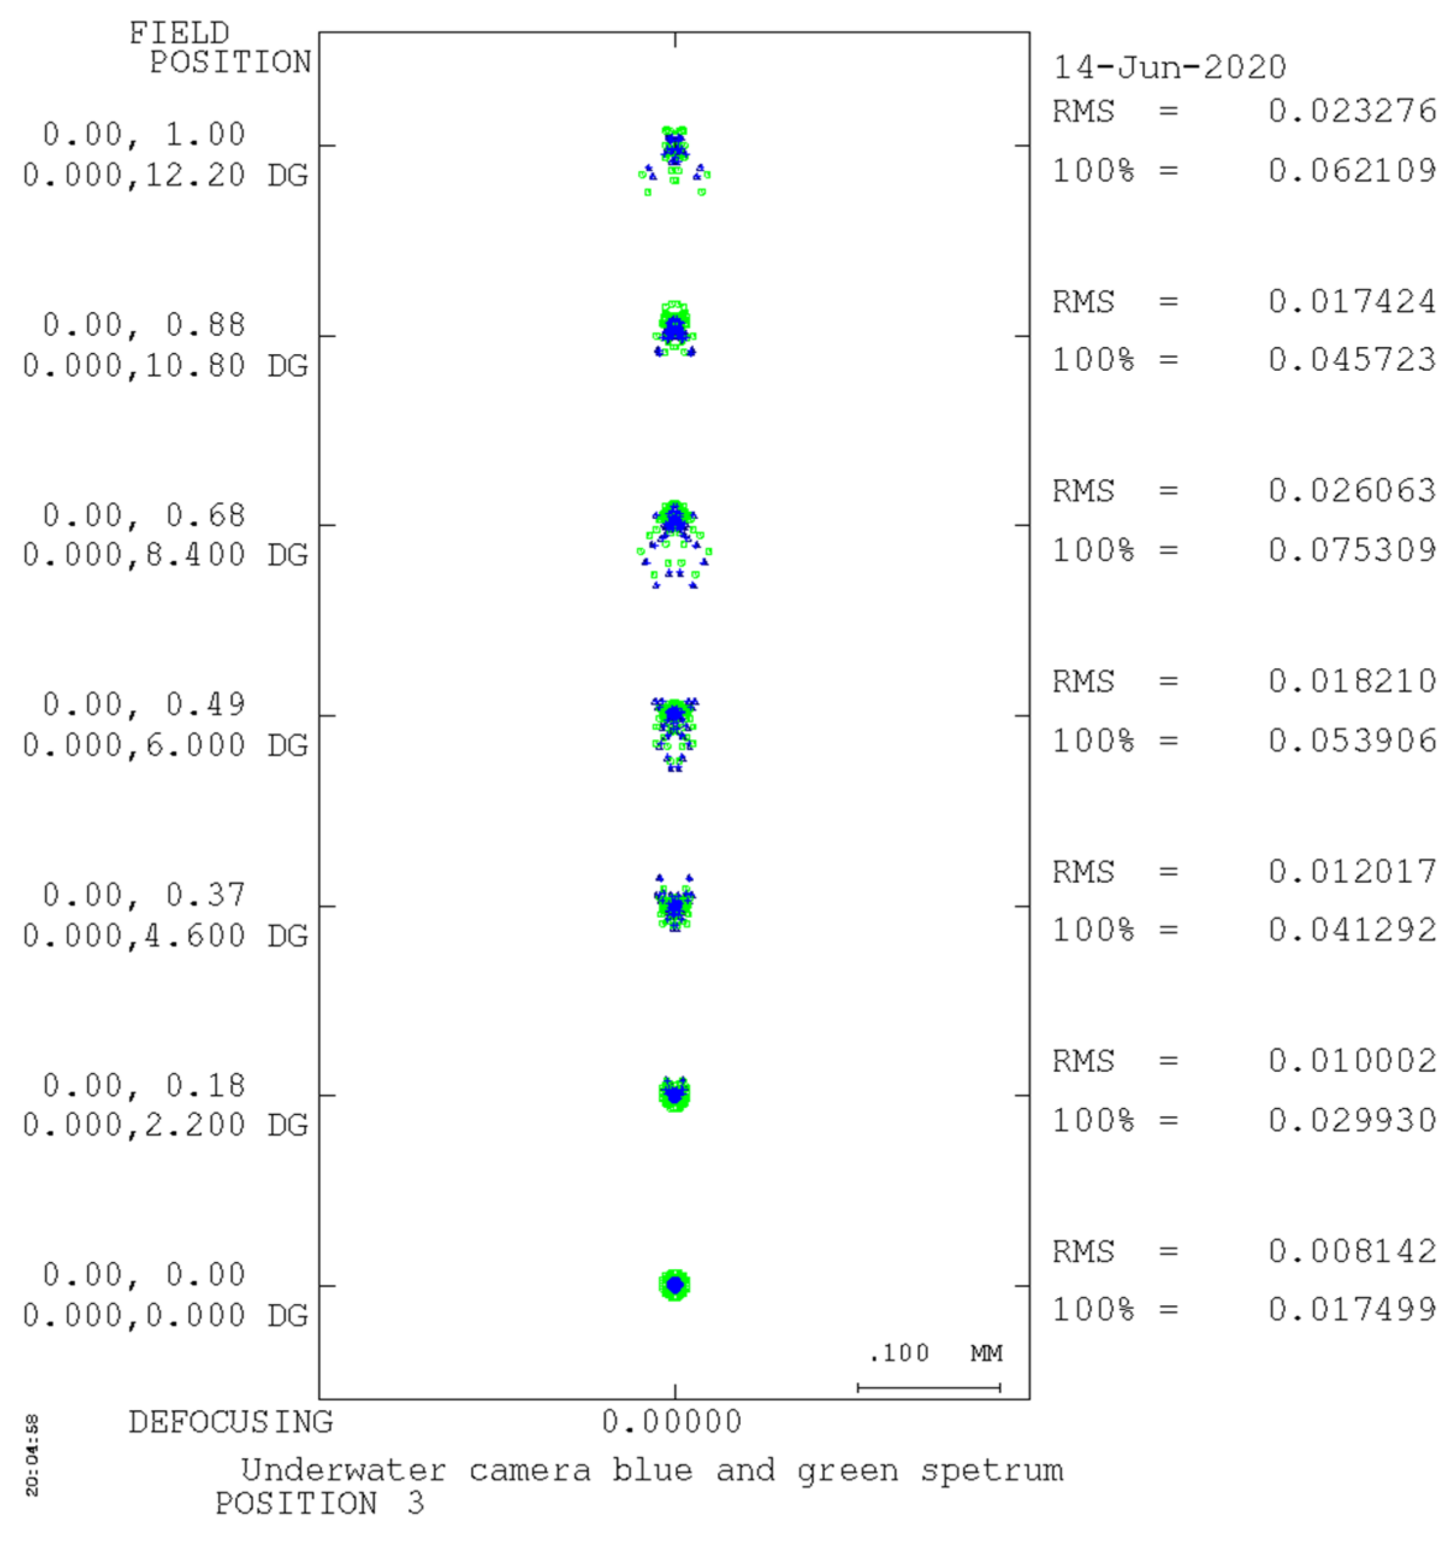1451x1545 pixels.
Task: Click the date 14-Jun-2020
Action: [1168, 67]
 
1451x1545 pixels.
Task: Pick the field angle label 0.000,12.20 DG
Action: [165, 176]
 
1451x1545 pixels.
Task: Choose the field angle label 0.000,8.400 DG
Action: [165, 555]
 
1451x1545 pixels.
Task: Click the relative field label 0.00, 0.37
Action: [144, 895]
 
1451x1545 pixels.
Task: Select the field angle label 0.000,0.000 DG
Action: [165, 1316]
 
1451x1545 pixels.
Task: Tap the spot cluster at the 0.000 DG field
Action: [674, 1286]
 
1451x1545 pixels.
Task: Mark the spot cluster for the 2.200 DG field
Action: [674, 1094]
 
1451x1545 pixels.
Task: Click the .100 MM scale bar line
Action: [928, 1387]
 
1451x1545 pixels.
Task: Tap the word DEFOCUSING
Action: [230, 1422]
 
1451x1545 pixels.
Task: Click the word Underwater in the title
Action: [343, 1470]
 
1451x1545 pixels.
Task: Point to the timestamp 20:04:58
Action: [32, 1455]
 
